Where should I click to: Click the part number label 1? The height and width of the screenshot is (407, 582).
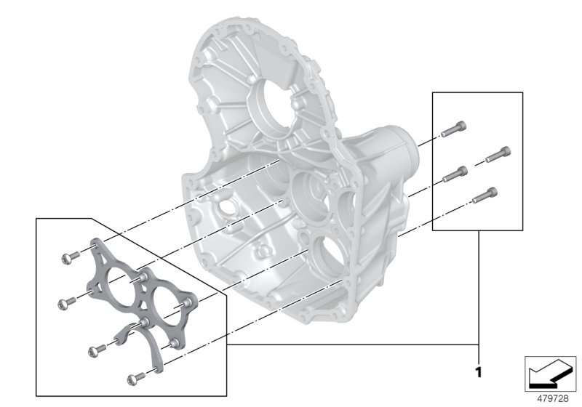coord(478,373)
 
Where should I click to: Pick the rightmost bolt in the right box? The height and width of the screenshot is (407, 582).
coord(498,154)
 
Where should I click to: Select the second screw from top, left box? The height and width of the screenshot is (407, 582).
coord(68,299)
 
